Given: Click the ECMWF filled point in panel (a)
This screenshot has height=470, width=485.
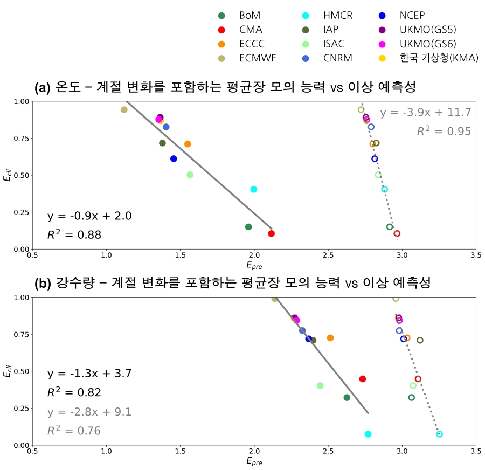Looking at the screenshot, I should (124, 110).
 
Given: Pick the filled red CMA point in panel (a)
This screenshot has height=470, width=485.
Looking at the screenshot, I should (272, 233).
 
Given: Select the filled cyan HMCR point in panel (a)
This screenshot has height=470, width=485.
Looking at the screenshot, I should (254, 189).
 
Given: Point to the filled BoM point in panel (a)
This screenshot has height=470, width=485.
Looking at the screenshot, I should (248, 227).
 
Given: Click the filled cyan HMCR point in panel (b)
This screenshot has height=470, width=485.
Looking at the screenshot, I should (368, 434).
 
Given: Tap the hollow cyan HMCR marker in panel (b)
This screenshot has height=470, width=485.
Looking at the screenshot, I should (439, 434).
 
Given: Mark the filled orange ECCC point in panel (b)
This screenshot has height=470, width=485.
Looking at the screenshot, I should (330, 338).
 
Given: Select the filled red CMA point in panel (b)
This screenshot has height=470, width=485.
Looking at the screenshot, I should (363, 379).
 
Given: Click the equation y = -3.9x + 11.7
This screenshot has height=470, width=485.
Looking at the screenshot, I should (425, 113).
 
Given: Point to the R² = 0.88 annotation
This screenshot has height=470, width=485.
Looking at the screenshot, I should (74, 234).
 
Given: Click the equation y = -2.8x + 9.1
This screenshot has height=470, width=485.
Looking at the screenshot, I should (89, 412).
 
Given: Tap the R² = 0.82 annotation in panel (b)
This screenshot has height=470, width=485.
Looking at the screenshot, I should (74, 392).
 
